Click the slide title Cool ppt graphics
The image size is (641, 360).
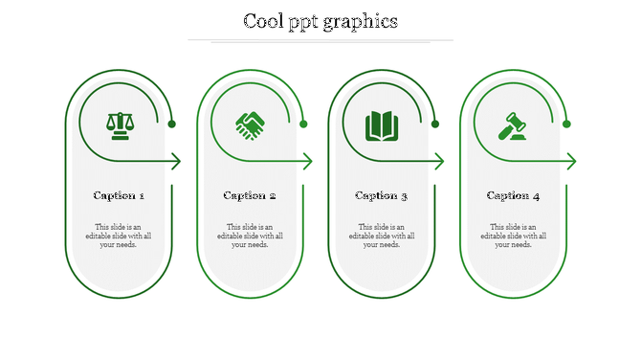(320, 21)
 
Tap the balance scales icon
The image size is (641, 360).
(120, 125)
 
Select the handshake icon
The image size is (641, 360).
(251, 125)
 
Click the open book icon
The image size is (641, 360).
(382, 125)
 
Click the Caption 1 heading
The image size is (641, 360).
(119, 195)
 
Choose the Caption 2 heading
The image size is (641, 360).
(250, 195)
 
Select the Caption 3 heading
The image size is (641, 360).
(382, 195)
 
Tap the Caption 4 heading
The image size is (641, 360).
(513, 195)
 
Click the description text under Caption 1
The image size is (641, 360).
(119, 236)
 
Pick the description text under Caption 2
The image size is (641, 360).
(250, 236)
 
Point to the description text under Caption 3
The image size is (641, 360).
(382, 236)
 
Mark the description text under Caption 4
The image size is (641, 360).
(513, 236)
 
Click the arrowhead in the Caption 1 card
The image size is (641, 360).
(176, 162)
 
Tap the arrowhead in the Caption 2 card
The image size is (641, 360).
(308, 162)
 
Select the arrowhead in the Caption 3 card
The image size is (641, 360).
(439, 162)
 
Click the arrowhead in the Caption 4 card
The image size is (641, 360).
(571, 162)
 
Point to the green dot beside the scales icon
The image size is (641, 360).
(172, 124)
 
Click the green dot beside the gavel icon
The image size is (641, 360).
(566, 124)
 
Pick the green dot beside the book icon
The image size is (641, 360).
(435, 124)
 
